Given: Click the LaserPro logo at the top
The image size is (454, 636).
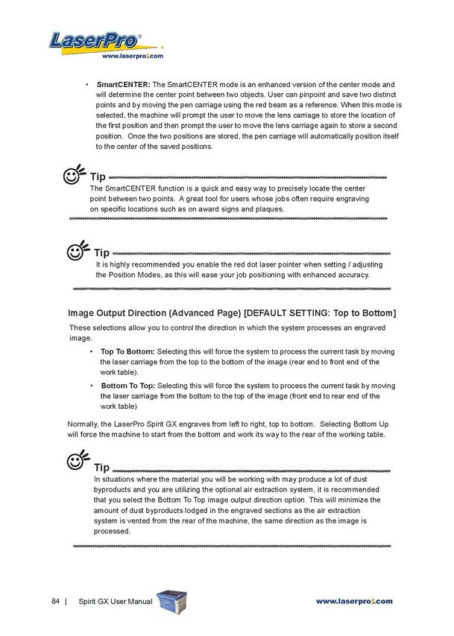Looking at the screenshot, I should click(x=95, y=40).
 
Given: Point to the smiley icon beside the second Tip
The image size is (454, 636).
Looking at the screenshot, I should click(x=78, y=252).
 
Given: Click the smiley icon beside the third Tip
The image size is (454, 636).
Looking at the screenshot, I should click(x=78, y=462).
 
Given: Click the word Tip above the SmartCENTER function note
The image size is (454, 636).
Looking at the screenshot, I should click(x=98, y=177).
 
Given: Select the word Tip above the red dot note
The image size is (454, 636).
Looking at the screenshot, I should click(x=101, y=254).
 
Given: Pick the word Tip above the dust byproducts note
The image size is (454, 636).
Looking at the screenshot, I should click(x=101, y=468).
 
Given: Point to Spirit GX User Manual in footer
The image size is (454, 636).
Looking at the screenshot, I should click(x=116, y=601).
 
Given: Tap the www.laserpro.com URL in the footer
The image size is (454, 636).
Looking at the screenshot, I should click(x=354, y=601).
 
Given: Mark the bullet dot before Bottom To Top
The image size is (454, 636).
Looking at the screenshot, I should click(x=91, y=386).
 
